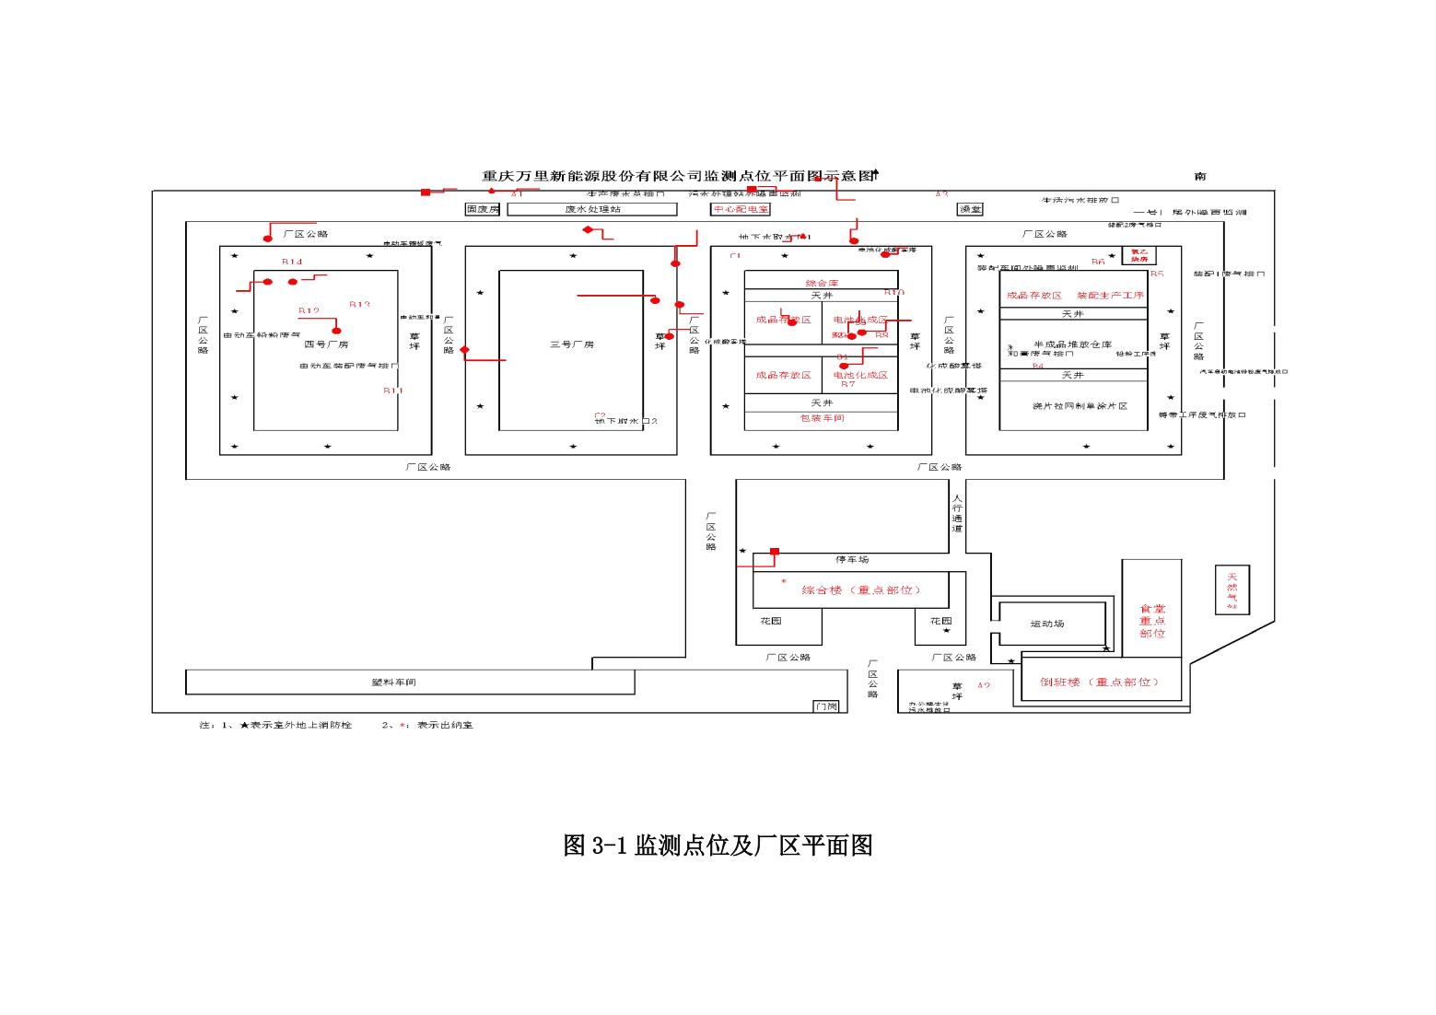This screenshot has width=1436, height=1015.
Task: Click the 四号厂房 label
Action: (x=326, y=344)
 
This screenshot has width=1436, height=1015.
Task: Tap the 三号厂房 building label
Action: (x=572, y=344)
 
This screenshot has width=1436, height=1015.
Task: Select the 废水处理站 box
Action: (x=592, y=209)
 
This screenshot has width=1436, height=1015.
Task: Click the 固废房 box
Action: (x=483, y=209)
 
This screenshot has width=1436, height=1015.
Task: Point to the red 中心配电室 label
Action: (x=741, y=209)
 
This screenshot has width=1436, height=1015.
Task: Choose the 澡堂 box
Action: (x=970, y=209)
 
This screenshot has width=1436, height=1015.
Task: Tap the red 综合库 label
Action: (x=822, y=283)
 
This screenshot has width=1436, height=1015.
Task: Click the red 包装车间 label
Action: (x=822, y=418)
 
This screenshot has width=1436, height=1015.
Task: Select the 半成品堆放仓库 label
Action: (x=1072, y=344)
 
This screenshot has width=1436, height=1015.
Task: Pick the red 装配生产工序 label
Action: (x=1110, y=296)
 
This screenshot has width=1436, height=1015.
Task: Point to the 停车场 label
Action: (x=851, y=560)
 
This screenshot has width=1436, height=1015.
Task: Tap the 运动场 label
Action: (x=1046, y=624)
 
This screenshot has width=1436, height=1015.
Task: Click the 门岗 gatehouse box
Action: (x=826, y=706)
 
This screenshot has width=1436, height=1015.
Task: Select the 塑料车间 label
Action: (x=393, y=682)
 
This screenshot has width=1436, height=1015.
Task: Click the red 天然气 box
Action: (x=1232, y=589)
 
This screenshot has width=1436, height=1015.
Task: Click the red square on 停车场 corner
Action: (x=775, y=552)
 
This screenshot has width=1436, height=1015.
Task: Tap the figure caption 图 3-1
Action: (x=718, y=846)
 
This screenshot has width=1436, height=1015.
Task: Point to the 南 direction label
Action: (x=1199, y=176)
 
